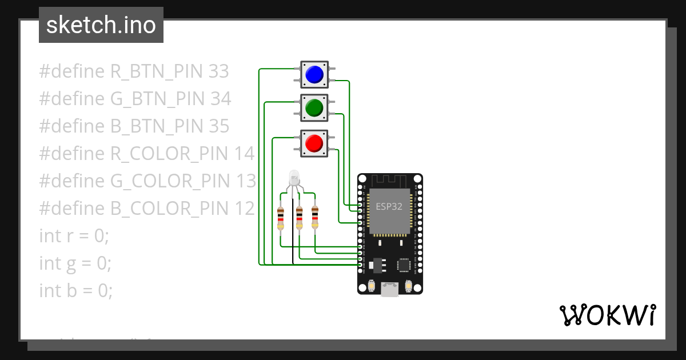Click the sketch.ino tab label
click(x=101, y=25)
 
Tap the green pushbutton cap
click(x=314, y=107)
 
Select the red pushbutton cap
click(x=314, y=142)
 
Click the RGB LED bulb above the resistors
click(x=294, y=176)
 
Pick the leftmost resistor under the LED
click(x=280, y=218)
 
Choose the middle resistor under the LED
click(x=298, y=218)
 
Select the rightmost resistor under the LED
click(x=314, y=217)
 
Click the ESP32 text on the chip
click(x=389, y=206)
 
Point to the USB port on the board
click(x=390, y=290)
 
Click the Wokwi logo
click(x=607, y=315)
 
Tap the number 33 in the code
click(x=218, y=71)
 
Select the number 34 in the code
click(x=220, y=99)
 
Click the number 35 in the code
click(x=218, y=126)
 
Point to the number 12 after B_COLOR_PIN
click(x=244, y=209)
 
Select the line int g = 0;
click(x=75, y=263)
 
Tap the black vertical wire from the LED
click(x=293, y=234)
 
